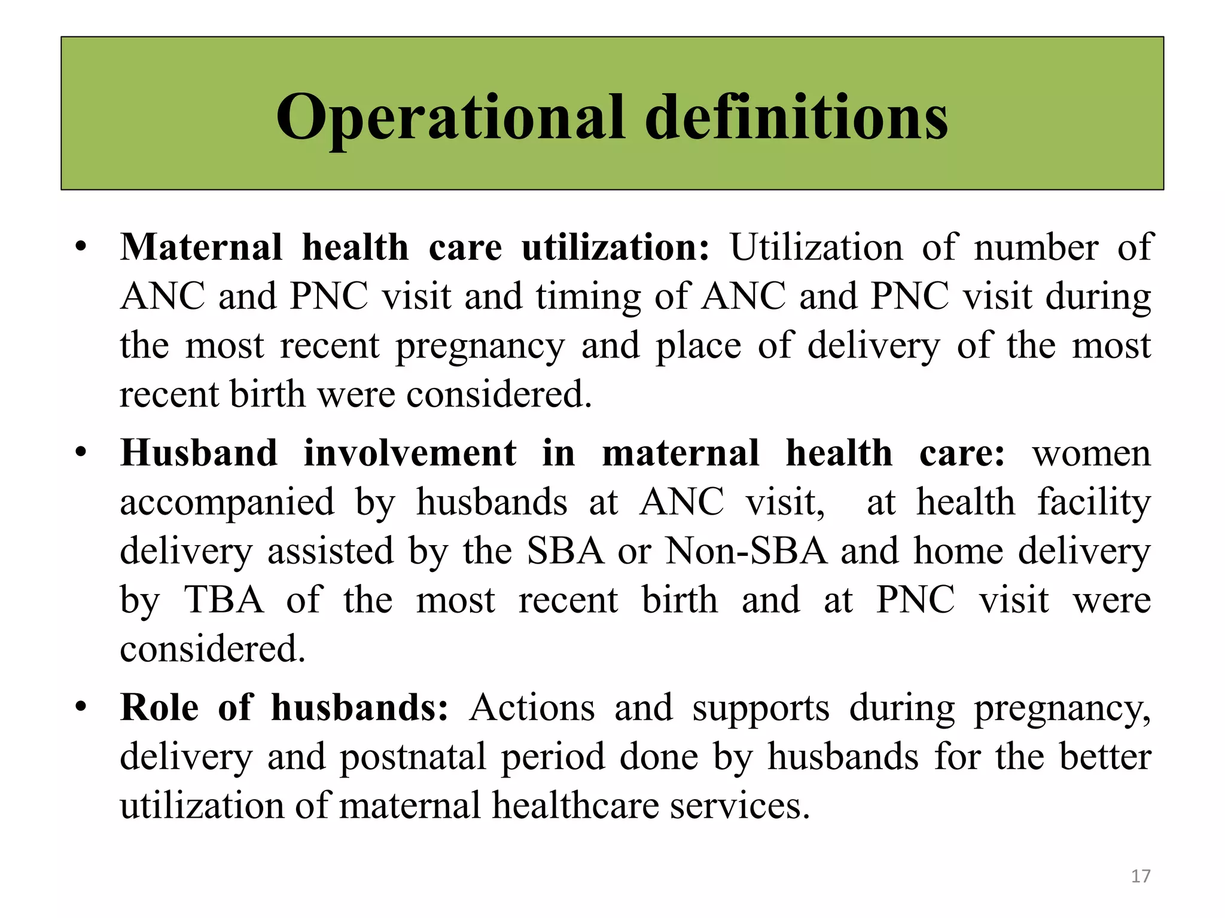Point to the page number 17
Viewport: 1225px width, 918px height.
(1140, 876)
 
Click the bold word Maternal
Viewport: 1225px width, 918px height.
(201, 247)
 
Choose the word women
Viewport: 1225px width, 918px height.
(1091, 453)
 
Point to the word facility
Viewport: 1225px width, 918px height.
(1093, 502)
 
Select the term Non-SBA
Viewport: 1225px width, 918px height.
(746, 551)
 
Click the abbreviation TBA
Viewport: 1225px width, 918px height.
(224, 600)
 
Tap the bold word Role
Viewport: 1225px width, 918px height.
(159, 708)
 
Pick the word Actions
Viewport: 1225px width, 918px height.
(532, 708)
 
